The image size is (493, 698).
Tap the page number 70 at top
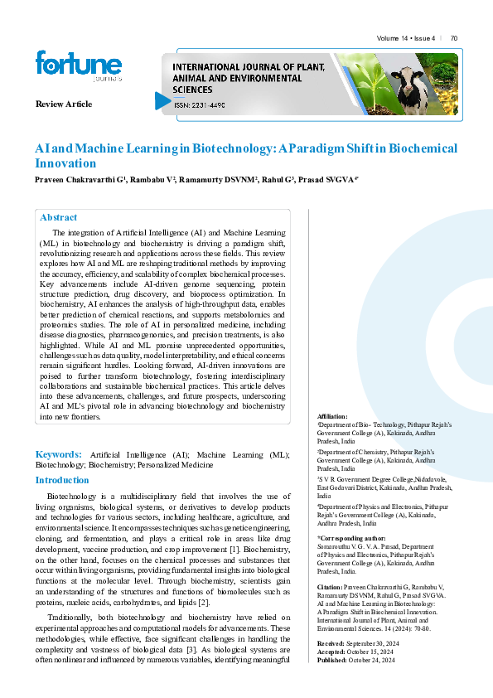[454, 38]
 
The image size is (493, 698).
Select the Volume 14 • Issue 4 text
[406, 38]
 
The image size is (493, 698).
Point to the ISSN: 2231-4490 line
[200, 105]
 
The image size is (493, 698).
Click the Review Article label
[64, 104]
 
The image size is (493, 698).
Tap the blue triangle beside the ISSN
[162, 101]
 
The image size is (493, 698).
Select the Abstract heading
[59, 217]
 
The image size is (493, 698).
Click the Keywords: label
[58, 454]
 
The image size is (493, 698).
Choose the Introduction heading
[62, 480]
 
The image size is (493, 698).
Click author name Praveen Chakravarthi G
[80, 180]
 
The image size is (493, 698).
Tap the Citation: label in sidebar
[331, 586]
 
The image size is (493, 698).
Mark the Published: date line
[360, 659]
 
